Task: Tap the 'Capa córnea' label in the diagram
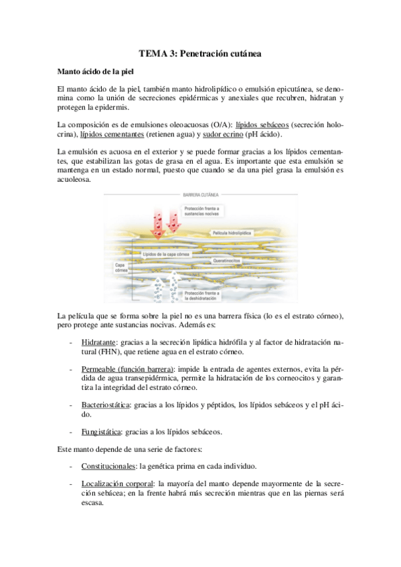116,268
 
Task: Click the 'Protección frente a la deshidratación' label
205,296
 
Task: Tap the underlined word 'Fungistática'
101,432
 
